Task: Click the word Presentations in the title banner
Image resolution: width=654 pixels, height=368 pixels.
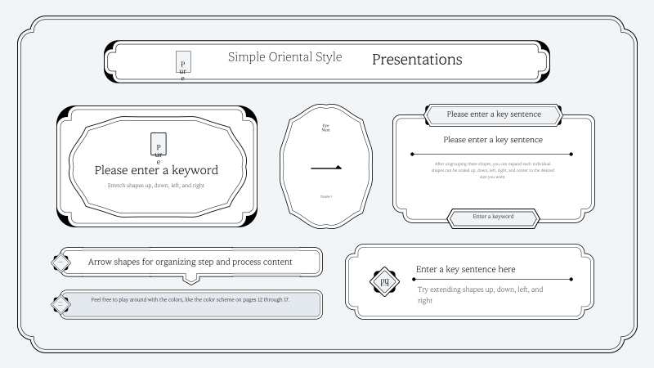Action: [417, 60]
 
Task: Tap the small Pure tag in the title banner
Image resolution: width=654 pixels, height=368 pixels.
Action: [183, 64]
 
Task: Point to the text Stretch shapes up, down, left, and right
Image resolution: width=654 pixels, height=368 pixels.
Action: [155, 186]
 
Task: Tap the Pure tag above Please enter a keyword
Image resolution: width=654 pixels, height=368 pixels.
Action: [159, 145]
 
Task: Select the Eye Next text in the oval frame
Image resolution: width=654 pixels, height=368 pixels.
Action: [325, 128]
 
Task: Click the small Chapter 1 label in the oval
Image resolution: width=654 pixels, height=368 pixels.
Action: [325, 197]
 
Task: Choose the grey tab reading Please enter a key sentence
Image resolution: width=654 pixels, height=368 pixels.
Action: [492, 114]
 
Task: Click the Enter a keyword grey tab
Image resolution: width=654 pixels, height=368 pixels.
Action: [493, 217]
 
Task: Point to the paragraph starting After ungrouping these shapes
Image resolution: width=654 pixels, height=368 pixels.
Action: [492, 169]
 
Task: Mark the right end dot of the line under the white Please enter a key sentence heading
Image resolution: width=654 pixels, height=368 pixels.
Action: [571, 153]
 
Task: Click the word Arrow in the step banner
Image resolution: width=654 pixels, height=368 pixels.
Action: [102, 263]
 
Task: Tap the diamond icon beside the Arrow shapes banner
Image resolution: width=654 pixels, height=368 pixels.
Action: [60, 263]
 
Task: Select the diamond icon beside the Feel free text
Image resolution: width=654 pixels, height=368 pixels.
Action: [60, 303]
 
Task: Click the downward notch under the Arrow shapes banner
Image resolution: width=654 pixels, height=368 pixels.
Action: [190, 280]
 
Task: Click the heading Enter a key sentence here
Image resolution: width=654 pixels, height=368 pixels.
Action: [465, 269]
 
